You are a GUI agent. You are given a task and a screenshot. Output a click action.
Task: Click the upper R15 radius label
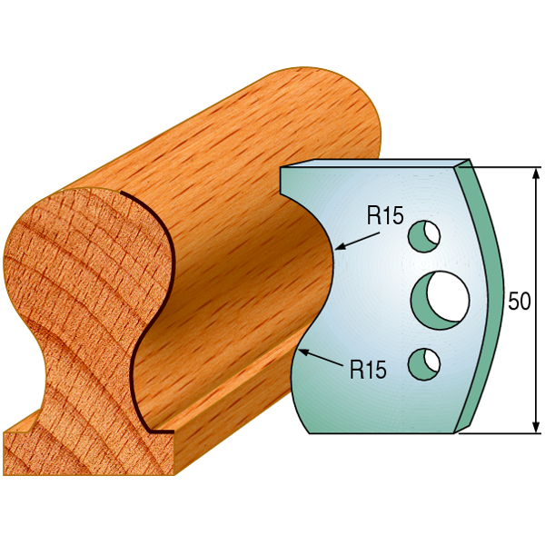tap(385, 215)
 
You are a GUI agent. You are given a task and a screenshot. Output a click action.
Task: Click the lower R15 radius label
tap(368, 369)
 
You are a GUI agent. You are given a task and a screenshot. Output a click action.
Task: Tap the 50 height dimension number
tap(520, 301)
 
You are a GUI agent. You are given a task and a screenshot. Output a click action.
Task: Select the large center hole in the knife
tap(440, 301)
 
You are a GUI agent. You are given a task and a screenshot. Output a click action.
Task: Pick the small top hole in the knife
tap(424, 236)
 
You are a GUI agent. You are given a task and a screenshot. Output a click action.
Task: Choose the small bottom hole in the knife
tap(424, 364)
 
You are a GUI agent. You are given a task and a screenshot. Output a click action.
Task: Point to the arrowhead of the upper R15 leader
tap(339, 248)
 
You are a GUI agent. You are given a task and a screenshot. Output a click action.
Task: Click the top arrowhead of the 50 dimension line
tap(535, 173)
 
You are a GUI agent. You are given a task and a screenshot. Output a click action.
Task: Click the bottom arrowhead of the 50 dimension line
tap(535, 427)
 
